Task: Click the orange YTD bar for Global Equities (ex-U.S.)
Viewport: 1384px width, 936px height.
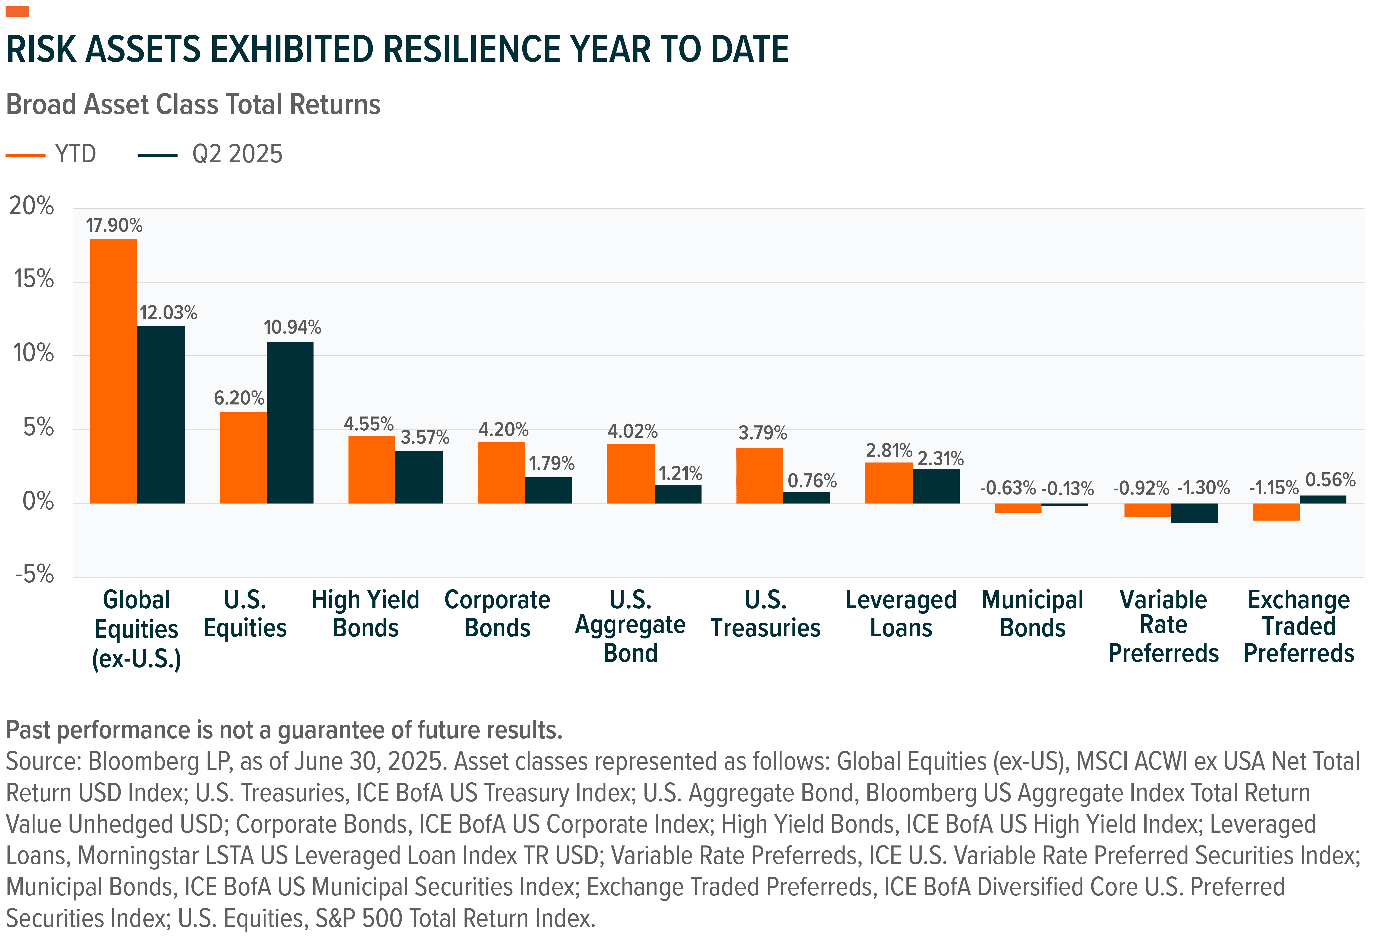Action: [113, 371]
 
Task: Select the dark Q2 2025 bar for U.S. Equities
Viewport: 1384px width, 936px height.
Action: [290, 422]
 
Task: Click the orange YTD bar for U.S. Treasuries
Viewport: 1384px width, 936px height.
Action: [759, 475]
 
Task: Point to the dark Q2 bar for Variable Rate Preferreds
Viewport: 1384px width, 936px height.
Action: [1194, 513]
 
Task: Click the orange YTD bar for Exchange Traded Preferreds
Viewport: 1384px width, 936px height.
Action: [1276, 512]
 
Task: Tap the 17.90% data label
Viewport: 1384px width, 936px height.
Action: [114, 225]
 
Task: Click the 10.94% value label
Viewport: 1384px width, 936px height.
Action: [292, 327]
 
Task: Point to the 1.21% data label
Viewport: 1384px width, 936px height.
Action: [680, 474]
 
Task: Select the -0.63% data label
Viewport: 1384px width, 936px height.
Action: [1008, 488]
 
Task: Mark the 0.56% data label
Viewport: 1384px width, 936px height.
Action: [1330, 480]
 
